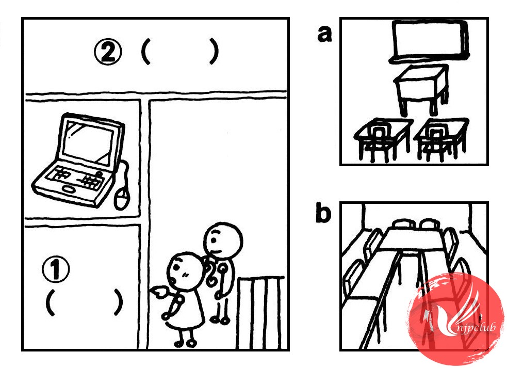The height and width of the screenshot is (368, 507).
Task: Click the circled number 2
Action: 108,53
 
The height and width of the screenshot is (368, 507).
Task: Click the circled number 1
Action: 56,268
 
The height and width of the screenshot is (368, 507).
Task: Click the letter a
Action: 324,35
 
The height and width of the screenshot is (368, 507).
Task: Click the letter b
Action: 324,214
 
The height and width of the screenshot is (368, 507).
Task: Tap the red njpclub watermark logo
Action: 456,319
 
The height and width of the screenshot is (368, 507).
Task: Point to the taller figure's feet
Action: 220,320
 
